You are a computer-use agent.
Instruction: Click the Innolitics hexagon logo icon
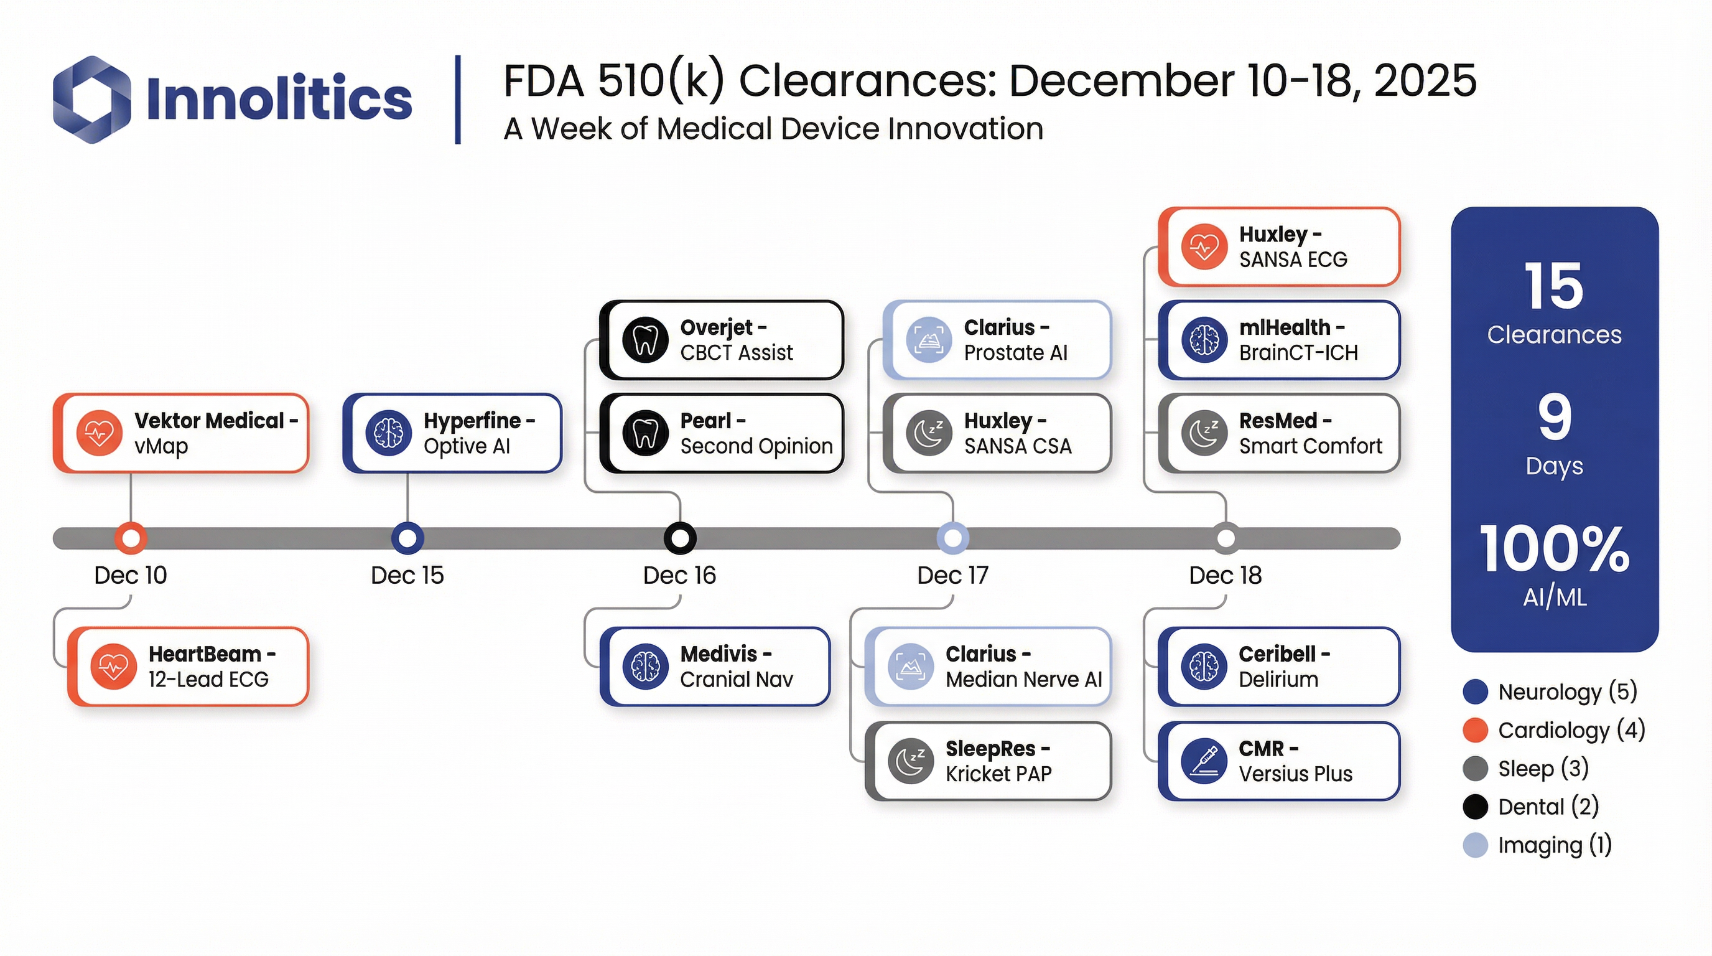pos(91,100)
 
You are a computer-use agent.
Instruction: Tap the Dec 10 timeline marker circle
pos(130,538)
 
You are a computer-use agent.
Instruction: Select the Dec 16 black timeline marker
pos(680,538)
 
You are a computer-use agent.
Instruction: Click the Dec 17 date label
pos(952,575)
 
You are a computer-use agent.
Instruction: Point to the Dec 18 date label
pos(1225,575)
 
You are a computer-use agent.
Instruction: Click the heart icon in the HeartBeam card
pos(114,666)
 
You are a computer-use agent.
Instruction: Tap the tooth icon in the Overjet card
pos(644,340)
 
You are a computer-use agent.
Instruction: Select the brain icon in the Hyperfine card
pos(389,433)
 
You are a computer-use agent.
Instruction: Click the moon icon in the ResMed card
pos(1204,433)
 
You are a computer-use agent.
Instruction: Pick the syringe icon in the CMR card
pos(1204,761)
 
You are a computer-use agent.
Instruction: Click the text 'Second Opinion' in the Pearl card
pos(756,446)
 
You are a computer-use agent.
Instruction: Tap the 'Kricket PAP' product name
pos(998,774)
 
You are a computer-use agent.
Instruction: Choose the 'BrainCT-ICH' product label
pos(1298,352)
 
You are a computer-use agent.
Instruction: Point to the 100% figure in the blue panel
pos(1554,549)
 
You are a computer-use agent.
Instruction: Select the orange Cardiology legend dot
pos(1475,730)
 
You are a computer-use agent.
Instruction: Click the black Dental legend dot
pos(1475,807)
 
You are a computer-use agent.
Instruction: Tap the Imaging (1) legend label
pos(1555,846)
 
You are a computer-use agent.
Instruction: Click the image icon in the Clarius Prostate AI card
pos(928,340)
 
